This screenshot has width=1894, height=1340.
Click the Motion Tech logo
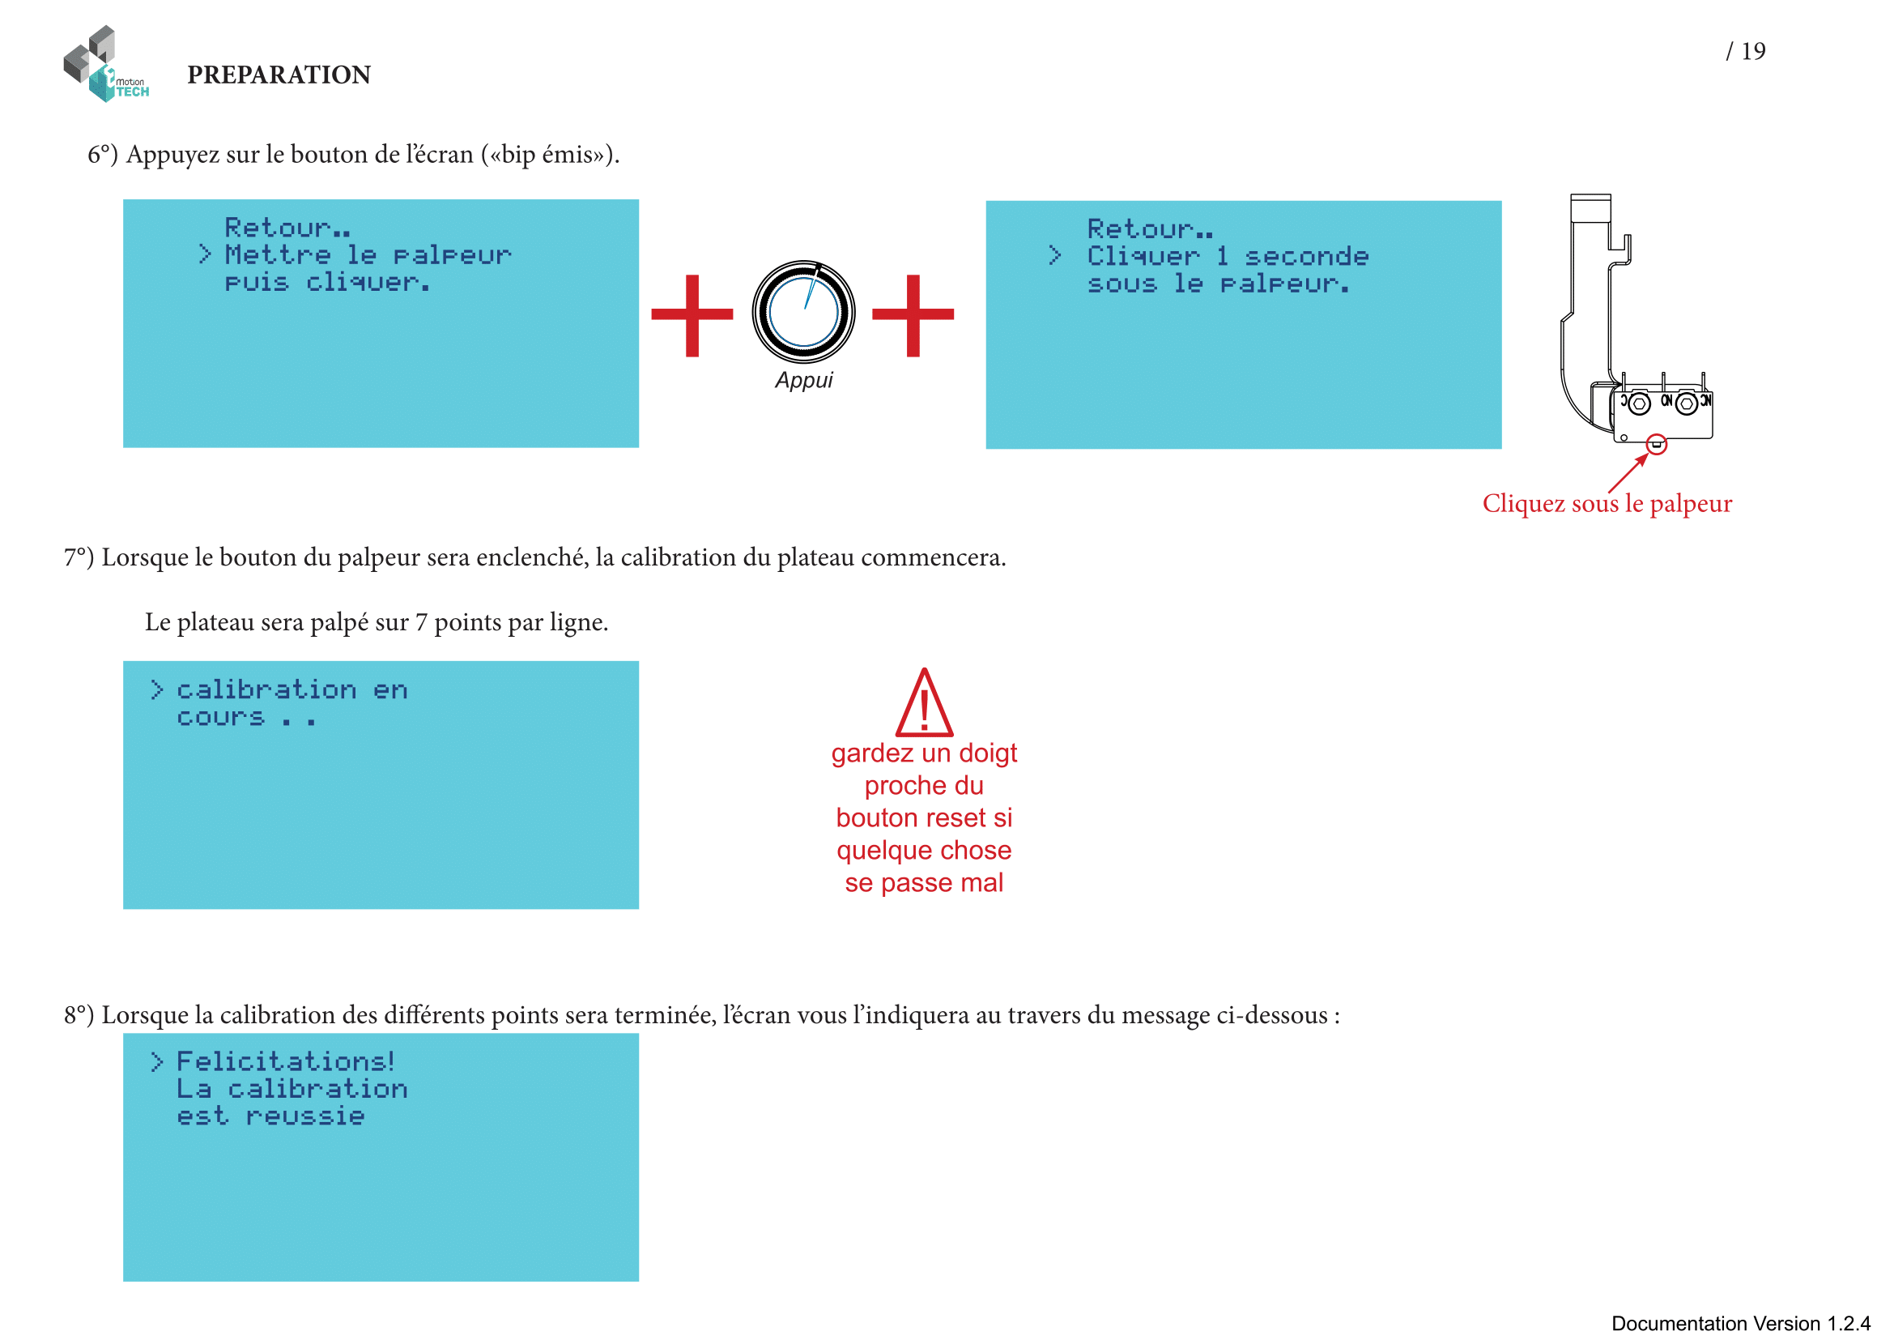click(x=105, y=64)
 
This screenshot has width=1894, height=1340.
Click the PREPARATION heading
click(x=279, y=75)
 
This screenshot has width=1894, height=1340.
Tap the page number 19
click(x=1753, y=51)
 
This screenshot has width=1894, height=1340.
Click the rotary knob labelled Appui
click(x=802, y=312)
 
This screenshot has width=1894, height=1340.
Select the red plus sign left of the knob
click(x=692, y=314)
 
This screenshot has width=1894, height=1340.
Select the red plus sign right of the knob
click(x=913, y=314)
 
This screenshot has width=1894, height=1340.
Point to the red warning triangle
click(x=924, y=704)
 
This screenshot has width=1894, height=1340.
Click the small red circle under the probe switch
click(x=1656, y=445)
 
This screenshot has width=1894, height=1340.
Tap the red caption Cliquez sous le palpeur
click(x=1606, y=503)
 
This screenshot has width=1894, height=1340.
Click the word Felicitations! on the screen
click(x=285, y=1061)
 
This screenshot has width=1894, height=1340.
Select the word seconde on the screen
click(x=1307, y=257)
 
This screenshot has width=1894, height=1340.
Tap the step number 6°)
click(x=103, y=155)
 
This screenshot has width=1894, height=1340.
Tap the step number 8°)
click(x=79, y=1015)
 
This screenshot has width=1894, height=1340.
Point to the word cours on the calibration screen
click(x=220, y=718)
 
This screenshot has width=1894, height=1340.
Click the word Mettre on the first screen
click(x=277, y=255)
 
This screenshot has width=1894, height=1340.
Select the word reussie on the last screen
click(x=305, y=1116)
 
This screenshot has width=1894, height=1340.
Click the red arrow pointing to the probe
click(x=1628, y=474)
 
